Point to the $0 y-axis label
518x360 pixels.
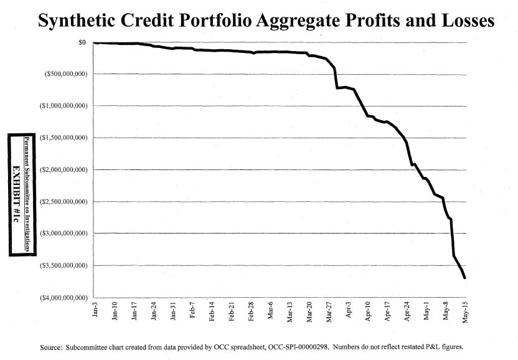click(x=82, y=42)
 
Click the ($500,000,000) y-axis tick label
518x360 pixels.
click(x=62, y=74)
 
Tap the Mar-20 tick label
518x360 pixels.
click(x=309, y=311)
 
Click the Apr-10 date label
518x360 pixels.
click(x=368, y=311)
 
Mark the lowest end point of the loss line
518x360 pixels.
click(x=465, y=278)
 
